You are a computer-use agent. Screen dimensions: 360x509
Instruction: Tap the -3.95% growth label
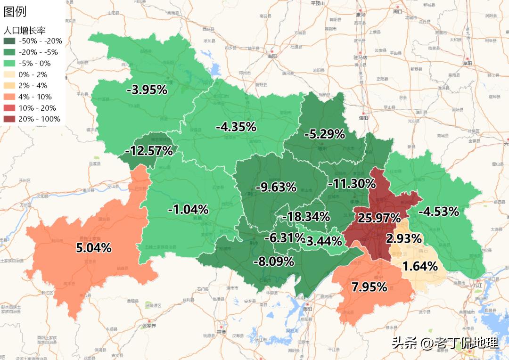click(147, 90)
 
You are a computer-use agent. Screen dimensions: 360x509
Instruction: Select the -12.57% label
click(148, 151)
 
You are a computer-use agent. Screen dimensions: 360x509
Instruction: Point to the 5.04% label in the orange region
click(94, 248)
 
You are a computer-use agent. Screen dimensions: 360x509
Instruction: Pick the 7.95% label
click(369, 286)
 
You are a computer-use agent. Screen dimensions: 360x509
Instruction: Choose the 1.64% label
click(420, 266)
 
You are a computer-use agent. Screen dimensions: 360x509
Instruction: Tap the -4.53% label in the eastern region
click(438, 211)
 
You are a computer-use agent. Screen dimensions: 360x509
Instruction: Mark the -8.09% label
click(273, 261)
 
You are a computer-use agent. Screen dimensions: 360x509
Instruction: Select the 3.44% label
click(324, 242)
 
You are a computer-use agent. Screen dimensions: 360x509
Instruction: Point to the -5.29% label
click(324, 134)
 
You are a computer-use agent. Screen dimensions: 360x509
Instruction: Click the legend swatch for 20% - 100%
click(9, 119)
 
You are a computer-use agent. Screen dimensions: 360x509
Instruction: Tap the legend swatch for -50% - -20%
click(9, 41)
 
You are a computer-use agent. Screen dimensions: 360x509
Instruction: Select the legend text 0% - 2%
click(33, 74)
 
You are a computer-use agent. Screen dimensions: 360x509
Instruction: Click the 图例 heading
click(15, 12)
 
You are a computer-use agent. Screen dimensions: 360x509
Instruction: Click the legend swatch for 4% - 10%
click(9, 97)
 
